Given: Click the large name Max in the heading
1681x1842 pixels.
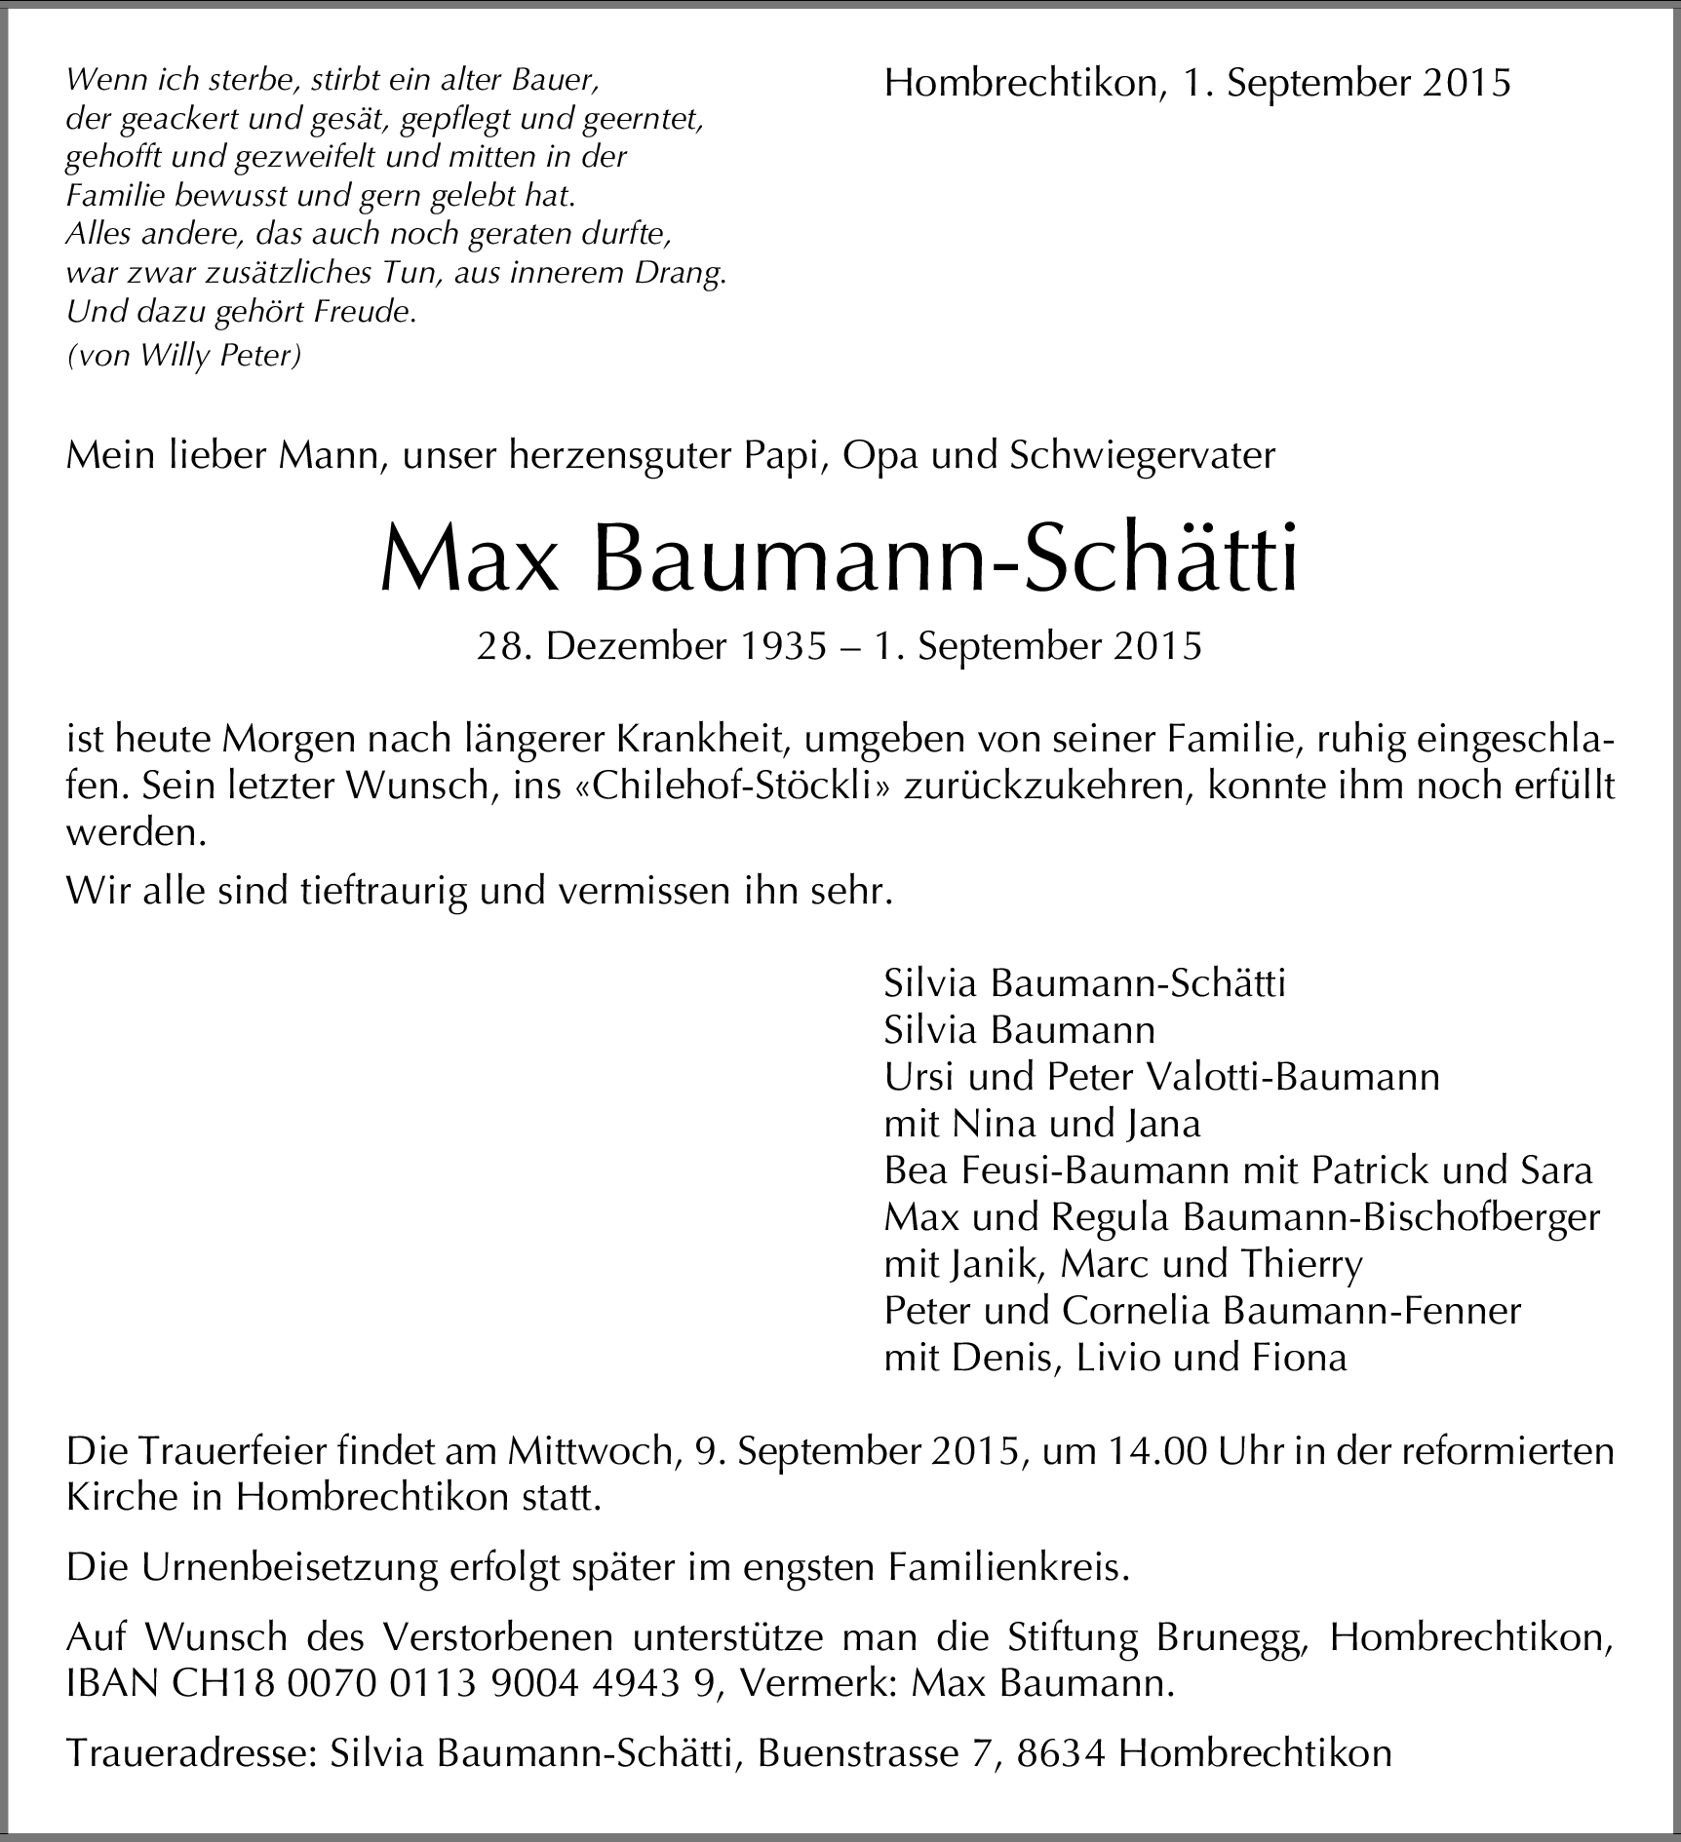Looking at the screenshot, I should coord(468,562).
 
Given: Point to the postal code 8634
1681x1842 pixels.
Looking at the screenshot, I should coord(1062,1753).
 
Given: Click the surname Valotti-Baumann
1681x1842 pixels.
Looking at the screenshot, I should coord(1291,1077).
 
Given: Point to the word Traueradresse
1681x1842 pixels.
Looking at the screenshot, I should coord(191,1753).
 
